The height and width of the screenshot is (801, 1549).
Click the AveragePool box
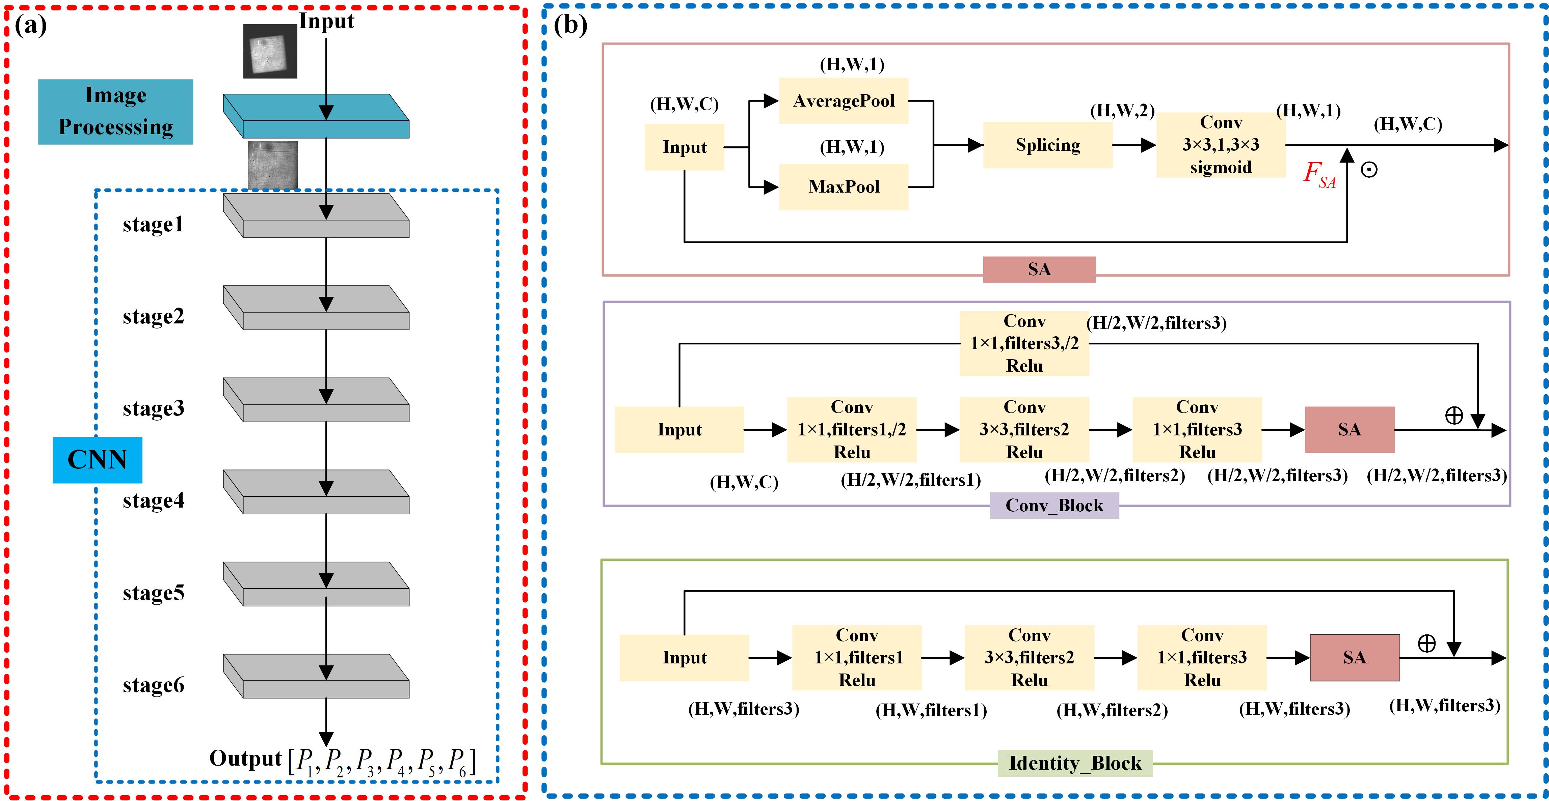[x=843, y=101]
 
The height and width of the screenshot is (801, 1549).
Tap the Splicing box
[x=1047, y=145]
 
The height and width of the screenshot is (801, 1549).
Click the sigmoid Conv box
[x=1221, y=145]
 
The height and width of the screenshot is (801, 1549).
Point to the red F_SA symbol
[x=1319, y=174]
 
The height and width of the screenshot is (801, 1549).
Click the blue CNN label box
[x=98, y=460]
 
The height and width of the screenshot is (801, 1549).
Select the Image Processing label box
[x=115, y=111]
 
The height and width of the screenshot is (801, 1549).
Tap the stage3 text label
[x=153, y=409]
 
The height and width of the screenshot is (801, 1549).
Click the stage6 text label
[x=153, y=685]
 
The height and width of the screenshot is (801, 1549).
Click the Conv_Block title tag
[x=1054, y=505]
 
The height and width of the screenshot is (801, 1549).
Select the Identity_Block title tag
[x=1074, y=763]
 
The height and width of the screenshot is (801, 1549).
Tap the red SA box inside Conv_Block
[x=1350, y=430]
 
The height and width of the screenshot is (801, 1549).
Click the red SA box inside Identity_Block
[x=1354, y=657]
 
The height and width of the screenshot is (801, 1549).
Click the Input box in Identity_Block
[x=684, y=657]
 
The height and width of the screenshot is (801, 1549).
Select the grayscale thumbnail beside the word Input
[x=270, y=51]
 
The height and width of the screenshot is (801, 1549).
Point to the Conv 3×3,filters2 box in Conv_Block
[x=1024, y=430]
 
